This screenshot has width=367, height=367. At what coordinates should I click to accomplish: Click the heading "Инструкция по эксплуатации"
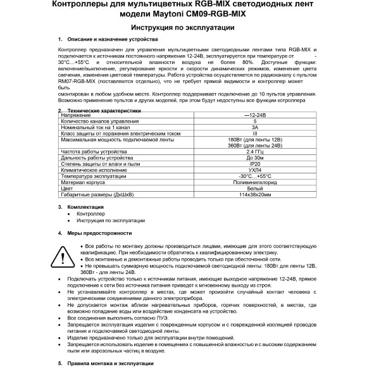(x=183, y=28)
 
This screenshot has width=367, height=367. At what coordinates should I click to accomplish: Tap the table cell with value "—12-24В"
(x=254, y=116)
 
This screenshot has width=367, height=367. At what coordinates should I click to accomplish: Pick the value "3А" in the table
(x=254, y=127)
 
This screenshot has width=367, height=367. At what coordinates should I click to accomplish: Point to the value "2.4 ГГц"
(x=254, y=152)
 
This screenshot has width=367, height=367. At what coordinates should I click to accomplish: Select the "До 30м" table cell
(x=254, y=158)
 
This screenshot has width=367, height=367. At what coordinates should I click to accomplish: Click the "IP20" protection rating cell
(x=254, y=164)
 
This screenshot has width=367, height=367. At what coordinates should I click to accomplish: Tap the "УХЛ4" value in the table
(x=254, y=170)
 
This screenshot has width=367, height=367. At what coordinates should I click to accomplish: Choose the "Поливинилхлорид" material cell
(x=254, y=181)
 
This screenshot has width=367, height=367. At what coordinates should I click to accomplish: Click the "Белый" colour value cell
(x=254, y=187)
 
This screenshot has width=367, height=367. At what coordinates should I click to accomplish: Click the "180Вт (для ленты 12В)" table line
(x=254, y=139)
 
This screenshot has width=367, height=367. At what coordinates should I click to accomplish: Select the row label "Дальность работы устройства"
(x=92, y=158)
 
